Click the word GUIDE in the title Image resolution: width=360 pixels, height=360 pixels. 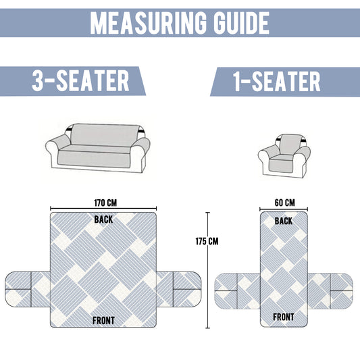tap(241, 23)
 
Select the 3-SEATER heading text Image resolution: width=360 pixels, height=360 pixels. tap(80, 80)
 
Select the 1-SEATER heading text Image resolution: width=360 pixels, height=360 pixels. tap(277, 81)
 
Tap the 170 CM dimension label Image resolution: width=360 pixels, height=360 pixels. tap(105, 203)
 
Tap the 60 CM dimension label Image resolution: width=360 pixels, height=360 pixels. tap(285, 203)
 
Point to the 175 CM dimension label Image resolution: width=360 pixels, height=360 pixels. tap(207, 241)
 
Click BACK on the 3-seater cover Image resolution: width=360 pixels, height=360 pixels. tap(103, 220)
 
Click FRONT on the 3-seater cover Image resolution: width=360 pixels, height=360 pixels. tap(103, 321)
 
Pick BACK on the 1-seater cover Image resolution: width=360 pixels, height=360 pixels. tap(284, 221)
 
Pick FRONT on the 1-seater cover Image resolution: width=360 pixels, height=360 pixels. tap(284, 317)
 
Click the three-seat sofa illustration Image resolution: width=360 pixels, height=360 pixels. tap(98, 148)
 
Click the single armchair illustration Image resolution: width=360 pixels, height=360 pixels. tap(284, 157)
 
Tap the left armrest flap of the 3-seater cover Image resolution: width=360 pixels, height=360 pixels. tap(28, 289)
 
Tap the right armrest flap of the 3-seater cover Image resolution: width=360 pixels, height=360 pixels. tap(179, 289)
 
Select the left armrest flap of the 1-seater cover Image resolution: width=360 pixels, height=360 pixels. tap(237, 291)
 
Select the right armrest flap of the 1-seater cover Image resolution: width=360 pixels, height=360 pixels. tap(330, 291)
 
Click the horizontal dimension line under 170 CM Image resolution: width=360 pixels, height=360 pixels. tap(103, 209)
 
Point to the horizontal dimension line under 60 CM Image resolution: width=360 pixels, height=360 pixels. tap(284, 209)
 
